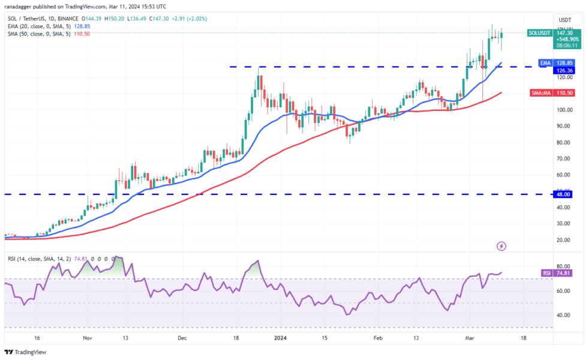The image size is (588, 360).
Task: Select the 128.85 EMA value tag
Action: [x=563, y=62]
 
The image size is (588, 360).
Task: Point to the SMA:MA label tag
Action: [x=540, y=93]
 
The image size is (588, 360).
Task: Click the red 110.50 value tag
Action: [x=563, y=93]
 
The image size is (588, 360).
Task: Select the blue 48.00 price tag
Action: [x=563, y=194]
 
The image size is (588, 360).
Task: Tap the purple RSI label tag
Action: [x=547, y=272]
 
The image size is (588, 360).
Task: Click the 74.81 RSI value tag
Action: [x=563, y=272]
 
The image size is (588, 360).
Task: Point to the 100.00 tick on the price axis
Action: [x=563, y=110]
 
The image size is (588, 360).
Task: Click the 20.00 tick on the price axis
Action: [x=563, y=240]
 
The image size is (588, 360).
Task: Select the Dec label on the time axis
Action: [x=182, y=338]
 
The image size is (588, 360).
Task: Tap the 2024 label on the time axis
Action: [x=281, y=338]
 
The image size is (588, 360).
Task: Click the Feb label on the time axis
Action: [x=378, y=338]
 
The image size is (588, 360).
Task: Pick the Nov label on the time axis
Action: [x=87, y=338]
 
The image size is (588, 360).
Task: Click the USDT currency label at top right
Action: [x=564, y=19]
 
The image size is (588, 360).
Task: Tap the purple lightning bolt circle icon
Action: [x=502, y=246]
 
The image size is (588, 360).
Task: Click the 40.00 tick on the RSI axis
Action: [x=563, y=315]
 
